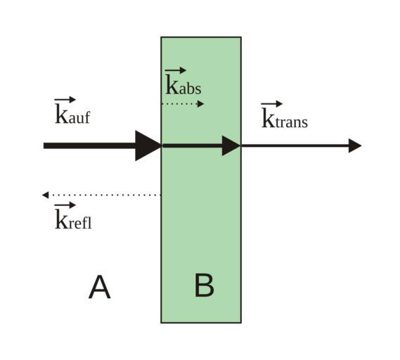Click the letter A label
pos(100,287)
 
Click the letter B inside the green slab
pos(204,285)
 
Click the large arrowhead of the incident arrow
pos(148,146)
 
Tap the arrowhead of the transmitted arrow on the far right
pos(355,146)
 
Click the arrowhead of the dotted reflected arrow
pos(45,195)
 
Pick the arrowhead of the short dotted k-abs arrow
pos(201,104)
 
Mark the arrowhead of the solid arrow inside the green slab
pos(231,146)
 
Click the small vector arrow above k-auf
pos(65,100)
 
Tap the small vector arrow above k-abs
pos(176,70)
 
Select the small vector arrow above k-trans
pos(271,104)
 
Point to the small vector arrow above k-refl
pos(65,205)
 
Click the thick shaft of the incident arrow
pos(89,146)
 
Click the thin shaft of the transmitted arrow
pos(295,146)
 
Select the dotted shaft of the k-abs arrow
pos(179,104)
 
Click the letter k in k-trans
pos(268,118)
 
